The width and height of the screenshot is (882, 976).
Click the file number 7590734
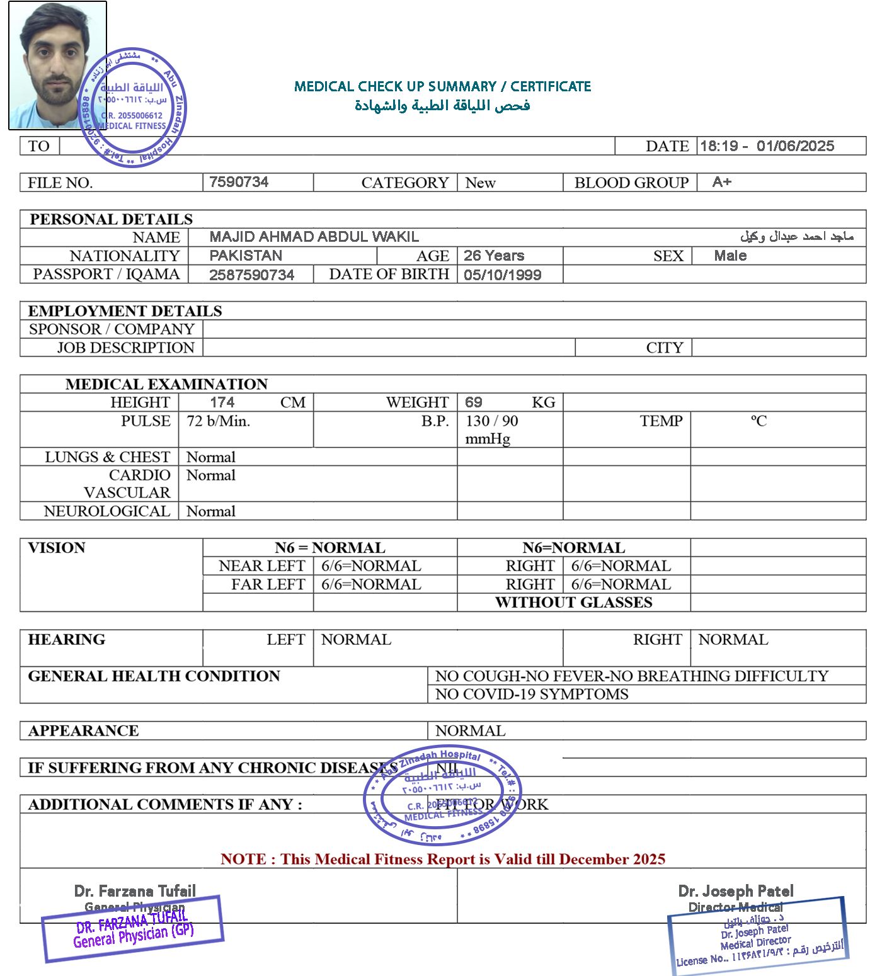239,182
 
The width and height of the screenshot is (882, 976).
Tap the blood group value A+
721,182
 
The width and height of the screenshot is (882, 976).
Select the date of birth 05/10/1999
502,275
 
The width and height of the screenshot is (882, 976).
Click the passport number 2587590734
251,275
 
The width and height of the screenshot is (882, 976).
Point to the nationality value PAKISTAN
246,256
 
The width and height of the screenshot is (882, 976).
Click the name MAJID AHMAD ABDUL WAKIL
314,237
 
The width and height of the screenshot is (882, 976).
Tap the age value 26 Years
494,256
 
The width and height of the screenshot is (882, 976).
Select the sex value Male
730,256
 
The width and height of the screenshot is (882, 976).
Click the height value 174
222,402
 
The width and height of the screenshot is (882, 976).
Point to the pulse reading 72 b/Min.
218,421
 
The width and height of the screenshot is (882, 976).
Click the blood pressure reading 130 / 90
492,421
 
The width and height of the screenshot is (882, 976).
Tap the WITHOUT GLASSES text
573,603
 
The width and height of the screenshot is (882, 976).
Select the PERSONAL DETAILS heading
111,219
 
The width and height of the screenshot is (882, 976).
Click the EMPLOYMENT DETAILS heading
125,311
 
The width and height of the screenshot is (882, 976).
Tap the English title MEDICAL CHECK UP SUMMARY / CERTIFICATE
442,86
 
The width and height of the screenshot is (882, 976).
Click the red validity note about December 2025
442,860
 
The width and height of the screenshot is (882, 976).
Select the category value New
480,183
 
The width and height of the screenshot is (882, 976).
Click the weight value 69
474,402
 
